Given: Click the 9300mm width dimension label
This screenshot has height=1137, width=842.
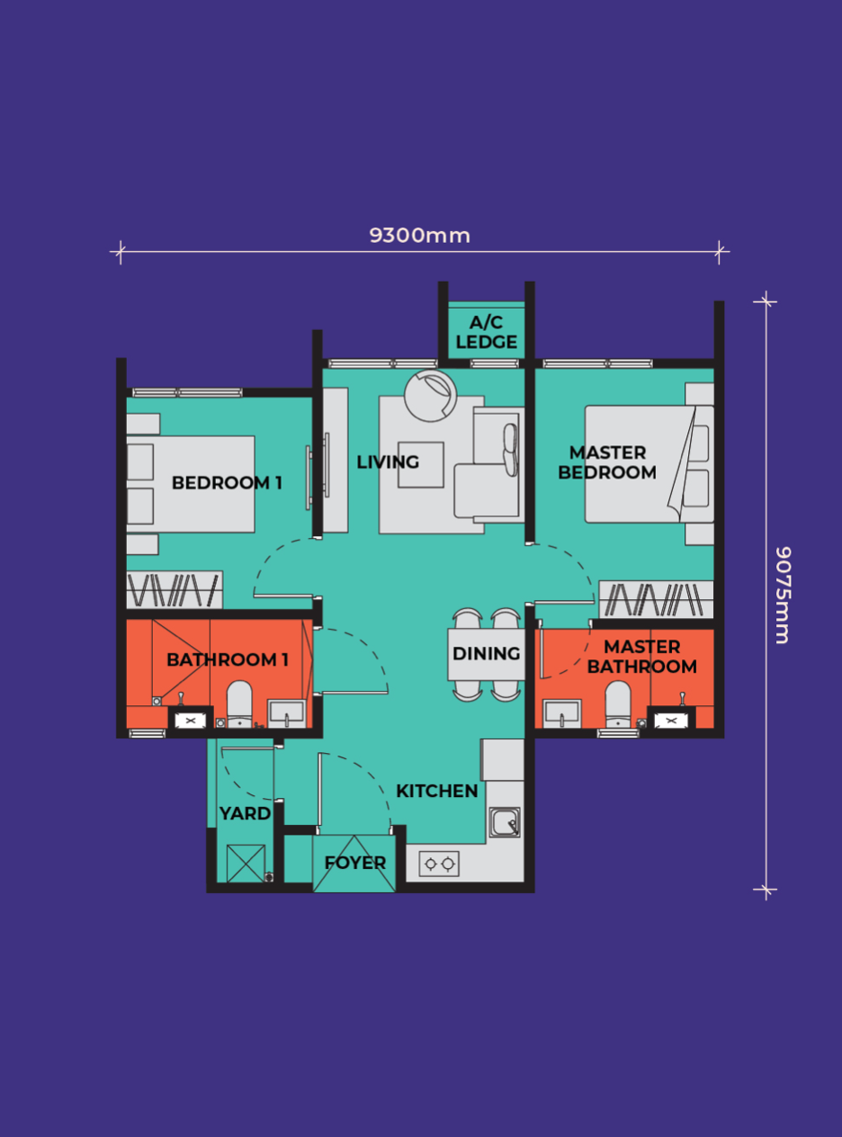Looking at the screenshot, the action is pyautogui.click(x=419, y=236).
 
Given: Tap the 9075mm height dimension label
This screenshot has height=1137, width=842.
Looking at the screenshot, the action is pyautogui.click(x=783, y=595).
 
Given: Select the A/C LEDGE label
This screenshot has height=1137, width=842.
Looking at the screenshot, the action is pyautogui.click(x=486, y=332).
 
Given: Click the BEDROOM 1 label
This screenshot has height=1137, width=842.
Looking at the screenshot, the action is pyautogui.click(x=227, y=482).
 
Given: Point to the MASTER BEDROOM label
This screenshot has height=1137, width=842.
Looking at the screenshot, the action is pyautogui.click(x=607, y=462).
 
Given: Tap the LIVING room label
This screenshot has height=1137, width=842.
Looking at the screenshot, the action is pyautogui.click(x=388, y=461).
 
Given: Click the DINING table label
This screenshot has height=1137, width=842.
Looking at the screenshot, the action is pyautogui.click(x=486, y=653).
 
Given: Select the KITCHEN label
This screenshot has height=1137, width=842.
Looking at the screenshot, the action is pyautogui.click(x=437, y=791).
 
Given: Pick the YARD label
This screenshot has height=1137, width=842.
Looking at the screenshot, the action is pyautogui.click(x=245, y=813).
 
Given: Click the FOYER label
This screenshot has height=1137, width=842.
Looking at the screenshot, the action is pyautogui.click(x=354, y=863).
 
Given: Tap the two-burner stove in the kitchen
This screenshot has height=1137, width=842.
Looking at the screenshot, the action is pyautogui.click(x=439, y=864).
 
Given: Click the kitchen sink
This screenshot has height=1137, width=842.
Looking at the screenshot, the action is pyautogui.click(x=505, y=822).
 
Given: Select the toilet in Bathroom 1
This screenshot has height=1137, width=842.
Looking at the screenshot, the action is pyautogui.click(x=239, y=703).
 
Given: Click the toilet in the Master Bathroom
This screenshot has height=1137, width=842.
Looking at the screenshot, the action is pyautogui.click(x=618, y=703).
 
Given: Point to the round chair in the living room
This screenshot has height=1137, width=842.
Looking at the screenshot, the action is pyautogui.click(x=431, y=396).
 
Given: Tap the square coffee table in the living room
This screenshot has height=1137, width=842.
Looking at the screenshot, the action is pyautogui.click(x=421, y=465).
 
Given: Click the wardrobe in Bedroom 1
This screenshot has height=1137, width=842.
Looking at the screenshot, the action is pyautogui.click(x=175, y=589).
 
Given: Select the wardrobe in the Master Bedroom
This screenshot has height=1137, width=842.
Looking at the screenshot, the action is pyautogui.click(x=657, y=599).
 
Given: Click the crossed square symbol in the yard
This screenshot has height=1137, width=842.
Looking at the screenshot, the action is pyautogui.click(x=246, y=864).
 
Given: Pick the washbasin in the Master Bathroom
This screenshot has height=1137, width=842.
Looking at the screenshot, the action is pyautogui.click(x=562, y=713).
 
